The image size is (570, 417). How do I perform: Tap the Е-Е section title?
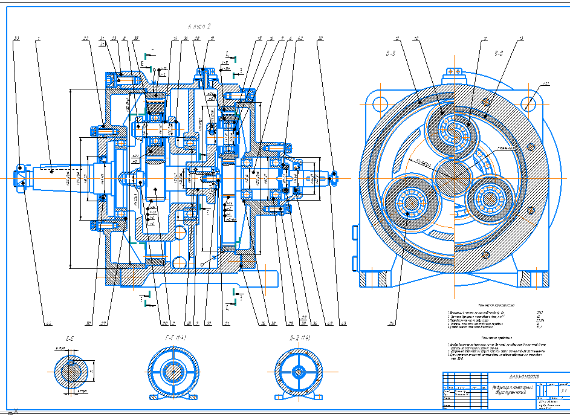point(70,337)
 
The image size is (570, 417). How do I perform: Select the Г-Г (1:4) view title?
point(175,337)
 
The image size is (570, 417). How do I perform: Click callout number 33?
point(16,39)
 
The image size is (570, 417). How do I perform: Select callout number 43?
point(343,324)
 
